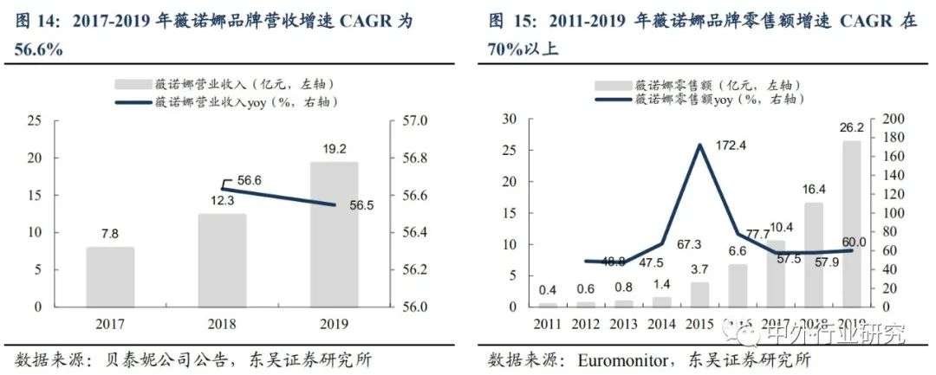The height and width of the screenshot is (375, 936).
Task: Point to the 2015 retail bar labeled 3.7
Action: pyautogui.click(x=699, y=294)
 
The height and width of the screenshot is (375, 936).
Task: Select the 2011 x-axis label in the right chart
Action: pyautogui.click(x=548, y=325)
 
